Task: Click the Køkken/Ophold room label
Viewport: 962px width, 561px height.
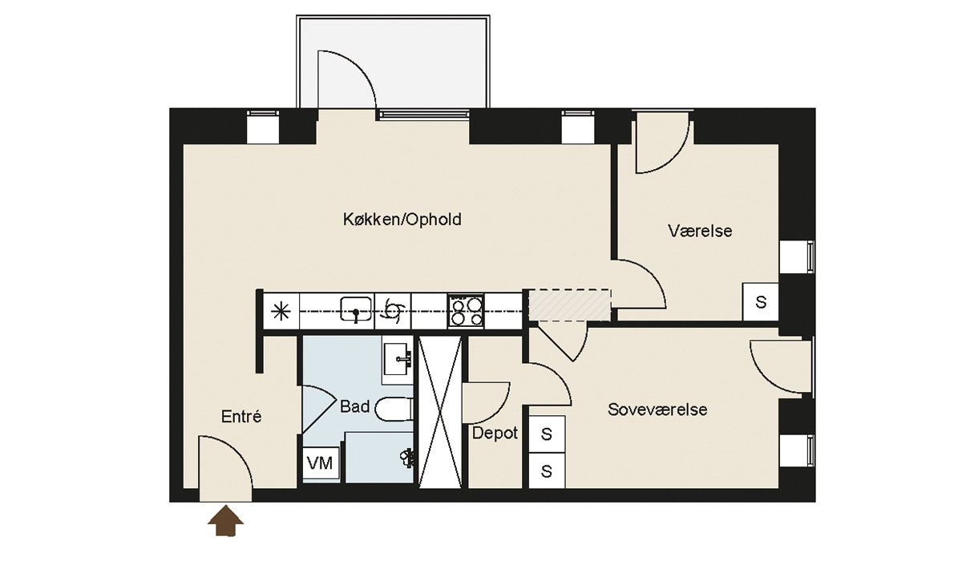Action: tap(402, 220)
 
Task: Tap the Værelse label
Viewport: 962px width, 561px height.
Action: tap(700, 231)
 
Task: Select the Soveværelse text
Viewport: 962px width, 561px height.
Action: tap(657, 410)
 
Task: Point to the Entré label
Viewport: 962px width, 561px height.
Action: tap(241, 417)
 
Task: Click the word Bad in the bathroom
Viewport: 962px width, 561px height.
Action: tap(354, 406)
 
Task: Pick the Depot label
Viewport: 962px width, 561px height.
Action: tap(495, 433)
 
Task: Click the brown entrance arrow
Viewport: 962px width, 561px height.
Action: tap(225, 521)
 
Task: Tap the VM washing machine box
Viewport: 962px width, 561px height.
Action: tap(321, 463)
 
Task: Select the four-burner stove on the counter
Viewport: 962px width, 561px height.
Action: tap(466, 311)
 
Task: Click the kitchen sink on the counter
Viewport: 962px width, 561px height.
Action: tap(356, 309)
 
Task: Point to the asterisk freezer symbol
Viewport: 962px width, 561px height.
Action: tap(281, 311)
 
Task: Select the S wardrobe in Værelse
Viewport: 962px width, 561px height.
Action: tap(761, 302)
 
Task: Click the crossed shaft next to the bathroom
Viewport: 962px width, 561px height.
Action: tap(440, 412)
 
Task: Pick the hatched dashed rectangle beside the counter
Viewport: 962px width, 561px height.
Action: tap(569, 305)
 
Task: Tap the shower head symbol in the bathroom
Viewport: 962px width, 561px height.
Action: tap(406, 458)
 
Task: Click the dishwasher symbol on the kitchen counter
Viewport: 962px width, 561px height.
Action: tap(393, 311)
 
